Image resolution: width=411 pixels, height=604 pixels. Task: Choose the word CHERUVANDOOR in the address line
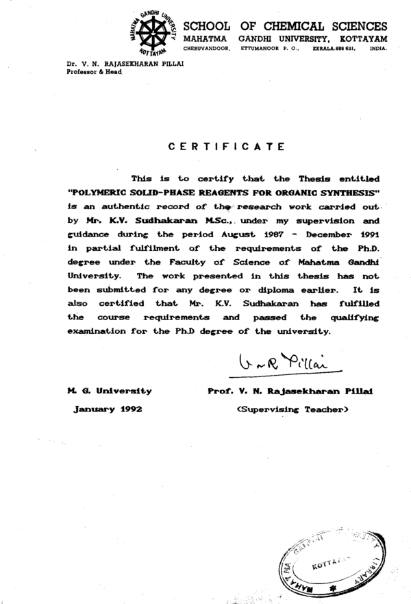(205, 49)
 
